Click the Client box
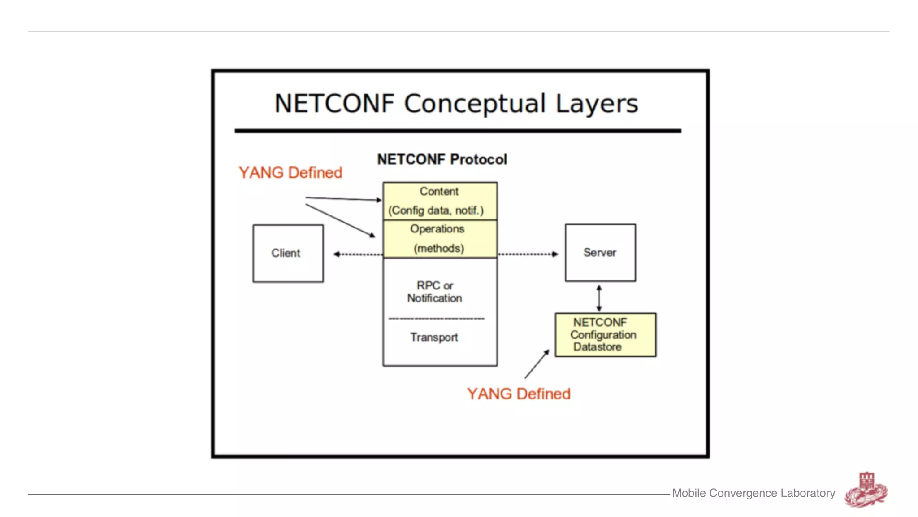[288, 253]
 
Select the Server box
[600, 253]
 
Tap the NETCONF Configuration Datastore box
[605, 335]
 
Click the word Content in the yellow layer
[439, 192]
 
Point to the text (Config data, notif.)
[436, 210]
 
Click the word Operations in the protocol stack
[437, 229]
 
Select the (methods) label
[439, 248]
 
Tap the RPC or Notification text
[434, 292]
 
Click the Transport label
[434, 337]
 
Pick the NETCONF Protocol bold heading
[442, 159]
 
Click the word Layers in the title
[597, 104]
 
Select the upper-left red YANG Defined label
[290, 173]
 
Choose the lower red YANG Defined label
[519, 394]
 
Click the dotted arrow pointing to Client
[358, 254]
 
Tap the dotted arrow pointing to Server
[528, 254]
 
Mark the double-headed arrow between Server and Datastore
[599, 298]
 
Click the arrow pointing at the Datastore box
[537, 364]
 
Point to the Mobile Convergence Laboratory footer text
[753, 493]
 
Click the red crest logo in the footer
[866, 490]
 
